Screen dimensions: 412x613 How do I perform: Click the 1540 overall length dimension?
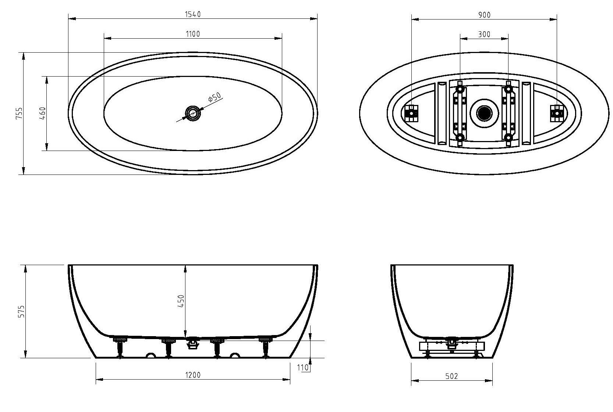pyautogui.click(x=192, y=14)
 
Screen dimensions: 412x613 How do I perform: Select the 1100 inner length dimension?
pyautogui.click(x=192, y=34)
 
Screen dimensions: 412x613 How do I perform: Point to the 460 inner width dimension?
pyautogui.click(x=43, y=113)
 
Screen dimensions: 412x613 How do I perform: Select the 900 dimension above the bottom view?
pyautogui.click(x=484, y=15)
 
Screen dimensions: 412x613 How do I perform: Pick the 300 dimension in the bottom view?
pyautogui.click(x=484, y=34)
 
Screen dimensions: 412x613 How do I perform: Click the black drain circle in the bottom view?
pyautogui.click(x=484, y=113)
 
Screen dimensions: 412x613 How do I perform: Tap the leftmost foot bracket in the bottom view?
pyautogui.click(x=411, y=113)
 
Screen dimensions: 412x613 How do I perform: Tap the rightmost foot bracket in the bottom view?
pyautogui.click(x=557, y=113)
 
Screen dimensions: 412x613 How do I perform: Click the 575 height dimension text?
pyautogui.click(x=21, y=311)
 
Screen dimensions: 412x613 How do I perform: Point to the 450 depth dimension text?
pyautogui.click(x=181, y=302)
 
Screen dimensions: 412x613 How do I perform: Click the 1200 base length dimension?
pyautogui.click(x=192, y=375)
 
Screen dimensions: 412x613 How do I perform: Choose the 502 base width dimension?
pyautogui.click(x=451, y=376)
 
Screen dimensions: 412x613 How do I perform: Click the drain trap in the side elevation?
pyautogui.click(x=192, y=344)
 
